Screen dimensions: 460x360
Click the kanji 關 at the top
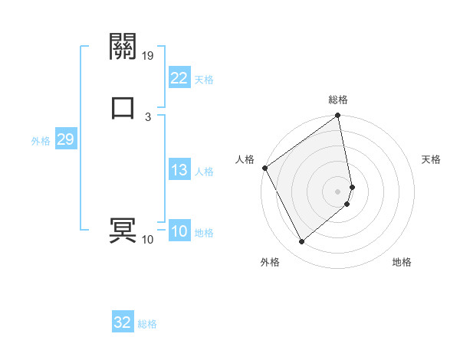tap(123, 47)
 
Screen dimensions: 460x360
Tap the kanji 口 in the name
tap(123, 107)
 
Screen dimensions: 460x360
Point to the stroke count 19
tap(148, 55)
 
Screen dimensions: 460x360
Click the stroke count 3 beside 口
tap(147, 116)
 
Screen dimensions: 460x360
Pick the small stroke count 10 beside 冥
tap(147, 240)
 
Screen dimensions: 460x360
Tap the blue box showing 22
tap(179, 78)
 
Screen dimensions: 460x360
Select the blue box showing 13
tap(179, 170)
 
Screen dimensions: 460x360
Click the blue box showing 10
tap(179, 231)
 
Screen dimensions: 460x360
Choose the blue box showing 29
tap(65, 139)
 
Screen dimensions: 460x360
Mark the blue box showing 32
tap(123, 322)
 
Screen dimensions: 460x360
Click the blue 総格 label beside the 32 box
tap(147, 324)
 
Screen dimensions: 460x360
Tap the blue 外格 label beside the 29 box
tap(41, 141)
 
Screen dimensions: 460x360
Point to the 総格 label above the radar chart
tap(338, 100)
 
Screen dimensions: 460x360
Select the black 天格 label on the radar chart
tap(431, 159)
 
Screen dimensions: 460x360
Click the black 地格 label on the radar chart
tap(402, 262)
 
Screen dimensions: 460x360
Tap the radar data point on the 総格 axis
tap(338, 117)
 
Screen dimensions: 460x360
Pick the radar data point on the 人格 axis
tap(265, 168)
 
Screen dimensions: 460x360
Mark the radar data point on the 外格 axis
tap(301, 242)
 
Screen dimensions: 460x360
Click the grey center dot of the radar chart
tap(338, 191)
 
